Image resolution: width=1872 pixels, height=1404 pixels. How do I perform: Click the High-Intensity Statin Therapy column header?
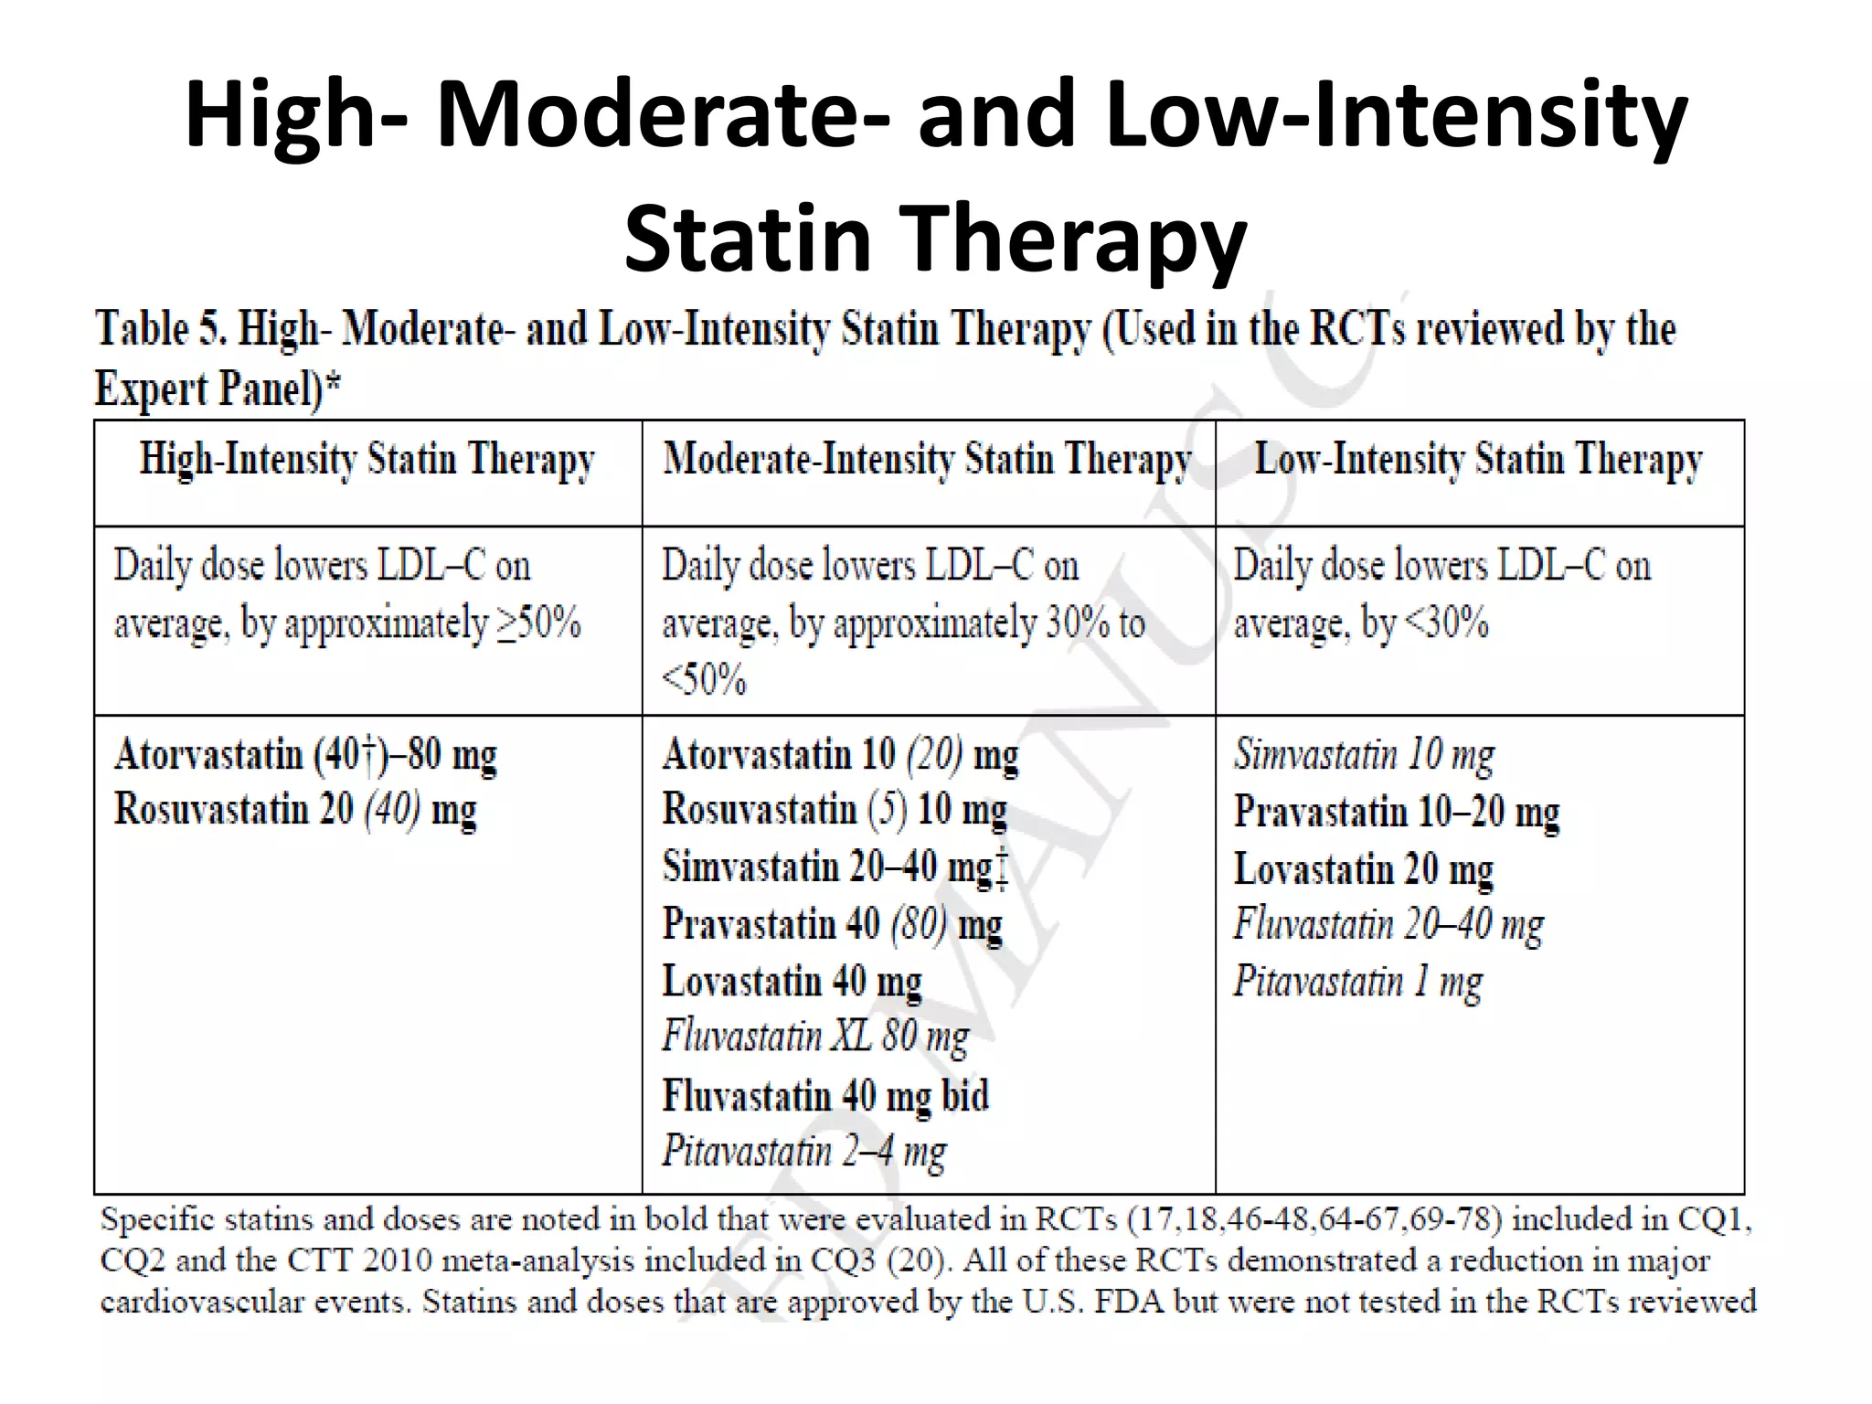tap(367, 460)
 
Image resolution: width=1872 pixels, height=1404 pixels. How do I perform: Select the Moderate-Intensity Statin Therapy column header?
tap(927, 460)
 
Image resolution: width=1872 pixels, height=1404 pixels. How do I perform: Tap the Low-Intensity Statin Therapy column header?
tap(1478, 460)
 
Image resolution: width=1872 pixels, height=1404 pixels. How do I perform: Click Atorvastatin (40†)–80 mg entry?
tap(305, 756)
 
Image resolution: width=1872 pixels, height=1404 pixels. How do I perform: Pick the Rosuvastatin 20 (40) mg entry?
tap(295, 811)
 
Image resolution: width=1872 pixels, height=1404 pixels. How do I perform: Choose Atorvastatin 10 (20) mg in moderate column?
tap(840, 756)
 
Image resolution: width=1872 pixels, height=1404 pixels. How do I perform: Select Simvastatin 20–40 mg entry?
tap(835, 867)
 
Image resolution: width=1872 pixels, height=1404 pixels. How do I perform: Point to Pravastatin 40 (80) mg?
tap(832, 925)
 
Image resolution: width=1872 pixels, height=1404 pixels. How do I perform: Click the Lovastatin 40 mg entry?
tap(792, 982)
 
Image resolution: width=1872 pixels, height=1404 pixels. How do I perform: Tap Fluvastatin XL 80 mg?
tap(815, 1037)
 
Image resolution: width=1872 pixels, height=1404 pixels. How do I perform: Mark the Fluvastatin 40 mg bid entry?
tap(825, 1095)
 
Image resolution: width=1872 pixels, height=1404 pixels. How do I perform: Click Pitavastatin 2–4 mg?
tap(804, 1152)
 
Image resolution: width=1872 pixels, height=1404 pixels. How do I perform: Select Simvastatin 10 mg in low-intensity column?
tap(1364, 756)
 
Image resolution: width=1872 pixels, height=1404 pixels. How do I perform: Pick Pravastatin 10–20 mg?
tap(1397, 813)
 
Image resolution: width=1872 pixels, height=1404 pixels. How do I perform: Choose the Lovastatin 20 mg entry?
tap(1363, 869)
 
